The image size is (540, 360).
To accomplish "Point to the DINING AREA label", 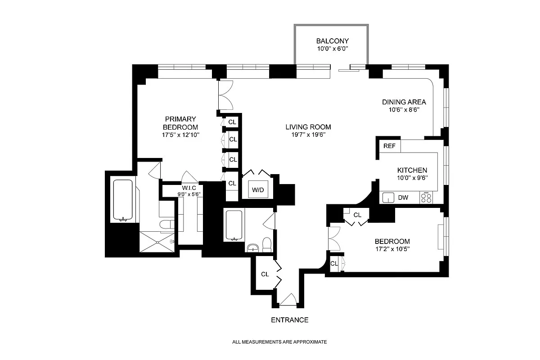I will click(404, 102).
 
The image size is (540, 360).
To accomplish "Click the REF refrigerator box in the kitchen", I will click(389, 146).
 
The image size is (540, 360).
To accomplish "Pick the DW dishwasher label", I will click(403, 197).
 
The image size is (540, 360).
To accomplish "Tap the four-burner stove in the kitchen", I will click(426, 197).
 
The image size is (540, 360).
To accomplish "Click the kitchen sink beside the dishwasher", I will click(388, 197).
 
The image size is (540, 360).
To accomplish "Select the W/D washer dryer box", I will click(257, 190).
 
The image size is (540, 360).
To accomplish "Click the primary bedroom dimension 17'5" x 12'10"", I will click(180, 135).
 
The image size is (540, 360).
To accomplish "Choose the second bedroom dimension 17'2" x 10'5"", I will click(387, 248).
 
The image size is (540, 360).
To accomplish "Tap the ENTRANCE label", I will click(289, 320).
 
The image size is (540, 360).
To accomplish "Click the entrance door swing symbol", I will click(287, 299).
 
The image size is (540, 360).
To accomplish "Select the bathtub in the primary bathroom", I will click(122, 201).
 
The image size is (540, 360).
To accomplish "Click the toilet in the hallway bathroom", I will click(267, 244).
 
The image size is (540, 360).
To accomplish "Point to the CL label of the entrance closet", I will click(265, 274).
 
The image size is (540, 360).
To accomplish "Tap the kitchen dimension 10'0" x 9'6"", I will click(412, 177).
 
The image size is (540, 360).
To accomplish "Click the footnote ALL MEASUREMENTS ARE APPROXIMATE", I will click(279, 342).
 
